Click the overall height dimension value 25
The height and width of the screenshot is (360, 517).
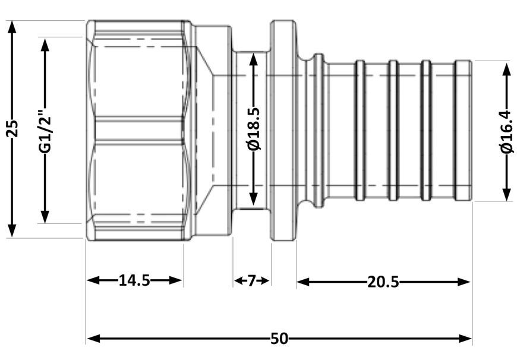click(12, 128)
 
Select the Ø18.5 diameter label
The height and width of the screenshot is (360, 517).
click(254, 128)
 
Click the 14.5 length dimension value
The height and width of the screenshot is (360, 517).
click(134, 280)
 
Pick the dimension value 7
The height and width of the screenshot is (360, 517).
click(251, 281)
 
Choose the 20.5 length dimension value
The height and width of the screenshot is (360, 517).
click(383, 282)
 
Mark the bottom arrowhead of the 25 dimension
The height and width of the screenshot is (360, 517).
click(12, 230)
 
